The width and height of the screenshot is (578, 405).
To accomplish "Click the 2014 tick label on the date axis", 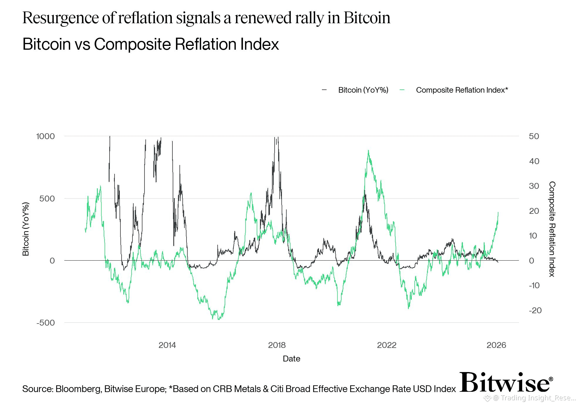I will pyautogui.click(x=167, y=345).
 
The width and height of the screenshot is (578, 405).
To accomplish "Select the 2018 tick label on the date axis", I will pyautogui.click(x=277, y=345).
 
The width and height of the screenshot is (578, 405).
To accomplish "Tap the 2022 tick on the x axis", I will pyautogui.click(x=387, y=345).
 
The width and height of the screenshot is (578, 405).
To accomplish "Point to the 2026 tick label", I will pyautogui.click(x=496, y=345).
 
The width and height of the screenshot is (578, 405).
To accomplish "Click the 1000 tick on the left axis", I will pyautogui.click(x=46, y=136).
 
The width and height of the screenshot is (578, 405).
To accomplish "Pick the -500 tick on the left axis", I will pyautogui.click(x=46, y=323).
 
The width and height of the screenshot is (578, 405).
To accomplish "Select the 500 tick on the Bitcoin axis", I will pyautogui.click(x=47, y=199).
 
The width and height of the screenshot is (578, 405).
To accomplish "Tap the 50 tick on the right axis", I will pyautogui.click(x=534, y=136).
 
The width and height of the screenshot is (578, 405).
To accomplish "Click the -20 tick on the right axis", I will pyautogui.click(x=535, y=310).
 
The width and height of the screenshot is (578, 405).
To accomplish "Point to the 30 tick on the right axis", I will pyautogui.click(x=534, y=186).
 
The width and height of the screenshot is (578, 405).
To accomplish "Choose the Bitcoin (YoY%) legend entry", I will pyautogui.click(x=363, y=90).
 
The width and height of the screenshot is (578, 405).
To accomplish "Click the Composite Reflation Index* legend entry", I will pyautogui.click(x=462, y=90).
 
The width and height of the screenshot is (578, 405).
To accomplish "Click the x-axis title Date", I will pyautogui.click(x=291, y=359).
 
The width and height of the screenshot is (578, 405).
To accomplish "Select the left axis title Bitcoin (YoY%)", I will pyautogui.click(x=26, y=229).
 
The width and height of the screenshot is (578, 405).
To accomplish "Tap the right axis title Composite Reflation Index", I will pyautogui.click(x=552, y=229).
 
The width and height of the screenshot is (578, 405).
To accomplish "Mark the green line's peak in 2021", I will pyautogui.click(x=368, y=151).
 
